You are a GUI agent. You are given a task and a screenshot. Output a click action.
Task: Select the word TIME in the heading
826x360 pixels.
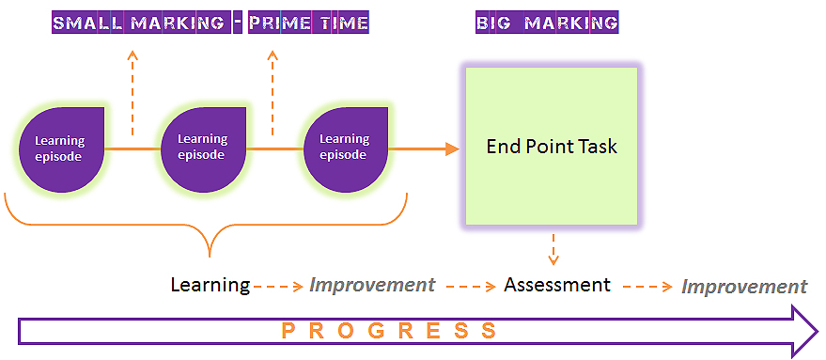pos(351,23)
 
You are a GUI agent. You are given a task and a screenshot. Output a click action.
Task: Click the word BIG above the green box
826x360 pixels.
pos(493,23)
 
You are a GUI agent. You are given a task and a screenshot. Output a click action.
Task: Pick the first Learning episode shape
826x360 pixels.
pos(62,149)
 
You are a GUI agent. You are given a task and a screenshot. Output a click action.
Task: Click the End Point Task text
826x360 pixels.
pos(551,146)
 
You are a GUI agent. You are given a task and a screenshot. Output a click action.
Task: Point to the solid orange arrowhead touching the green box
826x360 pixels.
pos(452,149)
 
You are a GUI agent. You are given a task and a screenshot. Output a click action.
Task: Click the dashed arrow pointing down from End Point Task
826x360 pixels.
pos(553,249)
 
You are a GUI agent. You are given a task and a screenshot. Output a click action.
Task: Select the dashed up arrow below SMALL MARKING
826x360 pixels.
pos(132,93)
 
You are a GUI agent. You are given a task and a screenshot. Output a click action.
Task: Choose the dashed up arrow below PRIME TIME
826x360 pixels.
pos(273,93)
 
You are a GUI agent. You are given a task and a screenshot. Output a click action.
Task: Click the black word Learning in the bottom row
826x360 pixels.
pos(210,285)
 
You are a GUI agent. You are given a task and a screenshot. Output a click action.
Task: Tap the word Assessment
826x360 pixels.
pos(557,285)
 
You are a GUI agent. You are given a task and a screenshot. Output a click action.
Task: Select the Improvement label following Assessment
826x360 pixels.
pos(744,287)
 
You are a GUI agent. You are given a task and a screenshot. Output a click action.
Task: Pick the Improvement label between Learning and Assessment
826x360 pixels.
pos(372,285)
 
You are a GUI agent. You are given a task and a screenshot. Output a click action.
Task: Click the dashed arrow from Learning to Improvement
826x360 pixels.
pos(278,287)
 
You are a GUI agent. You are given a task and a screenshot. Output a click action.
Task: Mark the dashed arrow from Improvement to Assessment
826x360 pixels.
pos(471,287)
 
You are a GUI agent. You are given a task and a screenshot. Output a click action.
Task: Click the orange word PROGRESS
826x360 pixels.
pos(389,331)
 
